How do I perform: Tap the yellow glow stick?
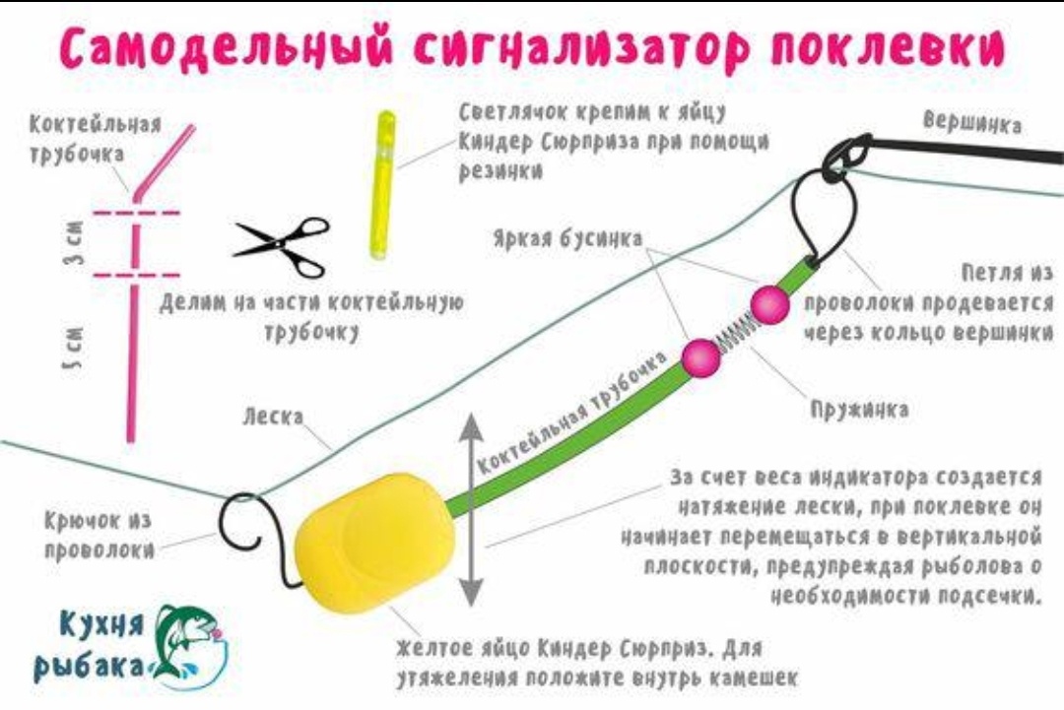coord(380,184)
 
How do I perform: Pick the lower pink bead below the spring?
coord(699,357)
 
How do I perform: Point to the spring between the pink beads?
coord(735,331)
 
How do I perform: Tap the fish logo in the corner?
coord(191,642)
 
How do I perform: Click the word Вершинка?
coord(972,123)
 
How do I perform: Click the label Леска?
coord(273,418)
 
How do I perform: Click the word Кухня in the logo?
coord(101,622)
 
